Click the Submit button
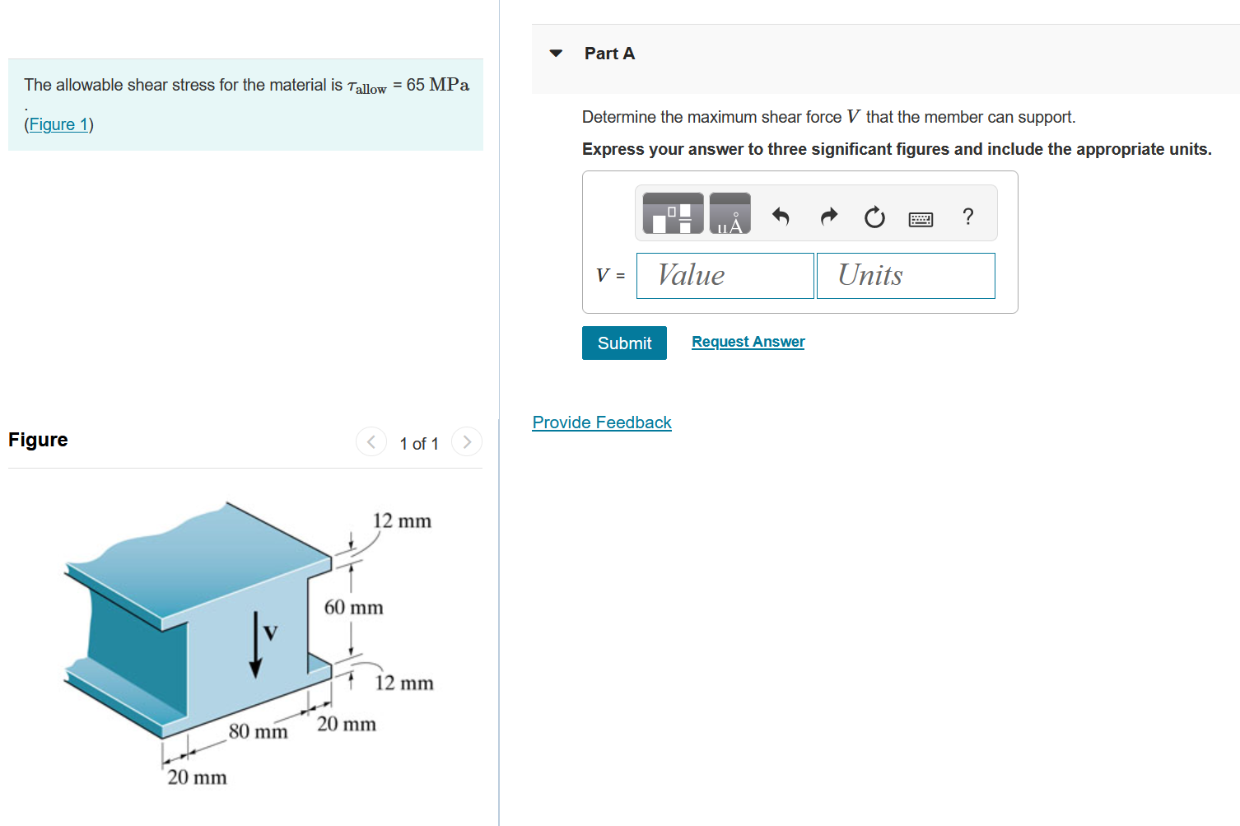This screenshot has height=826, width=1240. click(624, 343)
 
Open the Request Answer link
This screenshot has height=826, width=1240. click(748, 342)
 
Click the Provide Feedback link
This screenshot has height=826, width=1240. click(602, 422)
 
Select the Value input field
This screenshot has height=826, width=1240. click(725, 276)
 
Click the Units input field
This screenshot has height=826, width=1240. click(906, 276)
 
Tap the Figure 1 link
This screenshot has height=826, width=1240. click(58, 124)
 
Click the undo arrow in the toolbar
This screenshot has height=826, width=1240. click(781, 217)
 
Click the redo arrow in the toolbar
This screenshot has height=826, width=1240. click(828, 217)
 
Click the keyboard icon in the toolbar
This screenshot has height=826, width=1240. click(921, 219)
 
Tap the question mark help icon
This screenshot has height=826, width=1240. click(968, 217)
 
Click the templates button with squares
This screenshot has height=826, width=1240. click(673, 214)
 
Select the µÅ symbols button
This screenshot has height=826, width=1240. click(730, 214)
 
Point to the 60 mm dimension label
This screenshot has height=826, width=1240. click(353, 608)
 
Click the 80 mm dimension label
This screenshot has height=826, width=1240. click(258, 731)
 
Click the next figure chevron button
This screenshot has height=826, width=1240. click(467, 442)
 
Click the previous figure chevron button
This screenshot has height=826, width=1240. click(371, 442)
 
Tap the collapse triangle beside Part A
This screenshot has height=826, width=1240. click(557, 54)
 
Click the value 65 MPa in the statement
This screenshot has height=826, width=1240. click(437, 85)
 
